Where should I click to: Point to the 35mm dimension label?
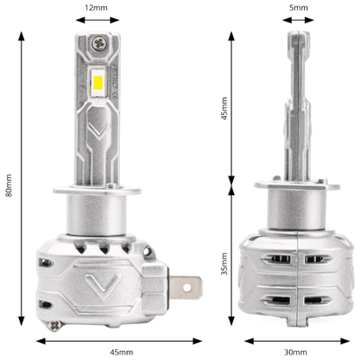tap(225, 267)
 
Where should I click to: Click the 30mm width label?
tap(298, 353)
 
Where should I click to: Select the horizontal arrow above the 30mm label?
tap(298, 340)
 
